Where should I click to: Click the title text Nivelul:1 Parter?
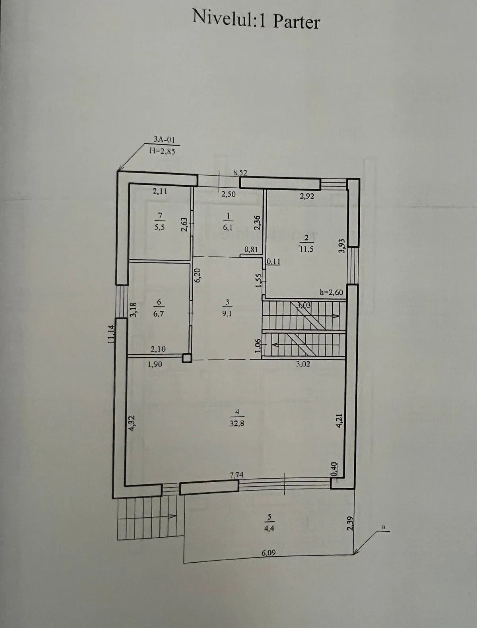(256, 19)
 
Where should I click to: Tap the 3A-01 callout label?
(164, 139)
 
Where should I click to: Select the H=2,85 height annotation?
(162, 151)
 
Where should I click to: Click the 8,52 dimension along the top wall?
(240, 172)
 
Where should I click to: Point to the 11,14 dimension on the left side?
(111, 334)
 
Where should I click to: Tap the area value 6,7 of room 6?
(158, 313)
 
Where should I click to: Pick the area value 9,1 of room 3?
(227, 313)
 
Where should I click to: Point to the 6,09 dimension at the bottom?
(269, 553)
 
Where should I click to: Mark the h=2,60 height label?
(331, 292)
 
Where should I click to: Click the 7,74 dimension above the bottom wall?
(236, 475)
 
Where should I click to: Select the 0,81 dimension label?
(251, 250)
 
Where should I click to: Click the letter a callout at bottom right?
(384, 526)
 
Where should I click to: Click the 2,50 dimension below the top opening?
(229, 194)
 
